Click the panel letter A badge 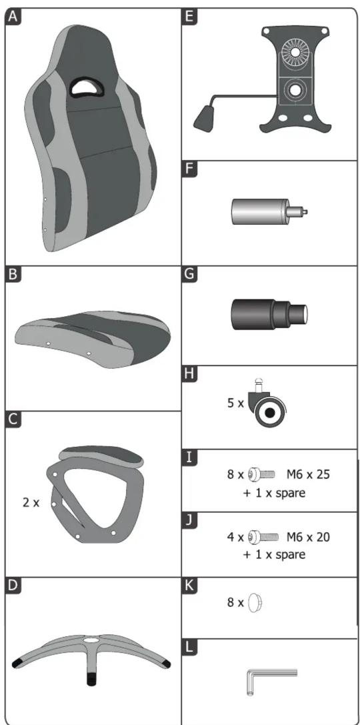(13, 17)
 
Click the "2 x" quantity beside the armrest (31, 502)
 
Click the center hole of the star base (91, 641)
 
